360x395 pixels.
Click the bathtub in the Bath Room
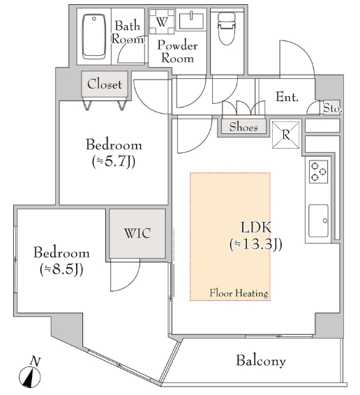tap(93, 36)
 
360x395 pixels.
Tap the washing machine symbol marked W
tap(162, 22)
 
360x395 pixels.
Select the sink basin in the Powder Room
tap(191, 21)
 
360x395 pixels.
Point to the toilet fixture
tap(227, 29)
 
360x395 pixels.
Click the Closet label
tap(105, 84)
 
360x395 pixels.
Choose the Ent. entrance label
tap(287, 97)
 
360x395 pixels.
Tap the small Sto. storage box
tap(332, 107)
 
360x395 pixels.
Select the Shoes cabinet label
tap(243, 127)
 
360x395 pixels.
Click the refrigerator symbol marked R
tap(285, 135)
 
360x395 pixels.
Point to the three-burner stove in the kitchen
tap(318, 172)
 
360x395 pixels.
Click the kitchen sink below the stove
tap(318, 221)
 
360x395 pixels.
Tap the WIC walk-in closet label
tap(137, 233)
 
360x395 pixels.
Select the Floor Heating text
tap(239, 293)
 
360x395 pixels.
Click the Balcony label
tap(261, 361)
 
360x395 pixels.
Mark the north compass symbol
tap(30, 374)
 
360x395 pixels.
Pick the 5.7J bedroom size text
tap(114, 161)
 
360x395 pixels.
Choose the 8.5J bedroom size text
tap(61, 269)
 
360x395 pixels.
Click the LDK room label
tap(256, 228)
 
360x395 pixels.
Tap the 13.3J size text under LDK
tap(256, 244)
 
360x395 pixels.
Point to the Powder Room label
tap(177, 52)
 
